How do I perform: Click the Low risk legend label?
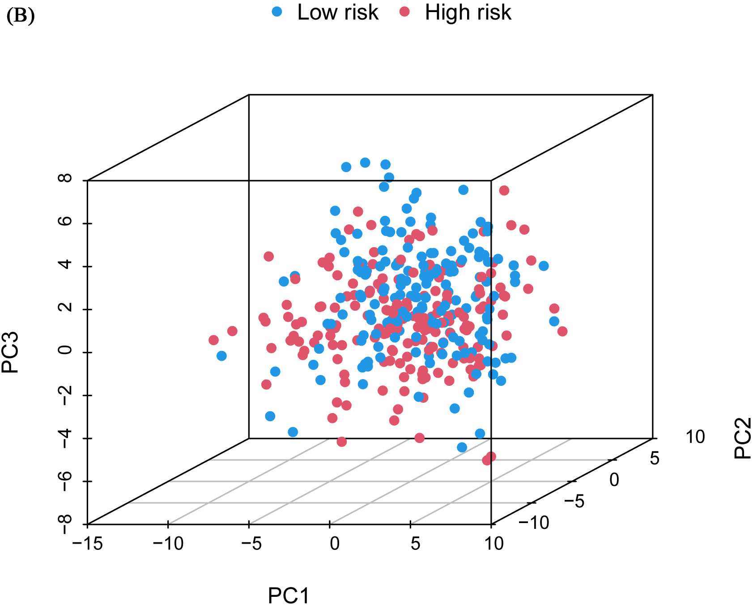coord(338,13)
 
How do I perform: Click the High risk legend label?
coord(468,13)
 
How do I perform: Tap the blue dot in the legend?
coord(277,13)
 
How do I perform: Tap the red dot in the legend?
coord(405,13)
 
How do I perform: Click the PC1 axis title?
coord(289,596)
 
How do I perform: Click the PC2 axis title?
coord(742,438)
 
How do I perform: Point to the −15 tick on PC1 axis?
coord(87,544)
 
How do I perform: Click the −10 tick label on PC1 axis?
coord(168,544)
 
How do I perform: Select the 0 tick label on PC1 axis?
coord(335,544)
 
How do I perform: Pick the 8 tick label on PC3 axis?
coord(66,179)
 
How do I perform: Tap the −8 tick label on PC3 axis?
coord(66,524)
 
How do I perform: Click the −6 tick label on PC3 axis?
coord(66,481)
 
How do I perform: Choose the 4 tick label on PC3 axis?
coord(66,265)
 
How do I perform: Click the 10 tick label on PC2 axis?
coord(695,437)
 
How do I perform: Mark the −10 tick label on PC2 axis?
coord(534,522)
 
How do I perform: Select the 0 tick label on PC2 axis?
coord(614,480)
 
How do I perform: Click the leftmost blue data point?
coord(221,356)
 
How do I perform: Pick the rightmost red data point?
coord(562,331)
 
